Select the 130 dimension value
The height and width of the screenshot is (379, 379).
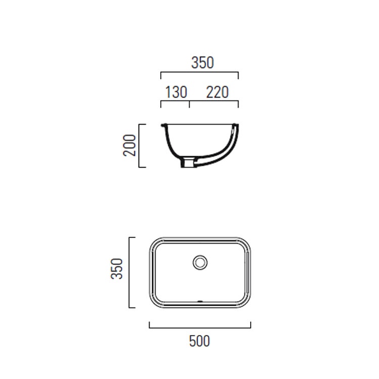pos(176,92)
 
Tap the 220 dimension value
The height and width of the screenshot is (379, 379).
pos(217,92)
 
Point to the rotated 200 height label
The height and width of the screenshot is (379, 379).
pos(130,145)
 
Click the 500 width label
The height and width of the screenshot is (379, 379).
pos(199,341)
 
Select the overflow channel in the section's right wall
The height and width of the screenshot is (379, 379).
pos(230,147)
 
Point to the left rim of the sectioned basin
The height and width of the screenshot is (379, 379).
pos(163,125)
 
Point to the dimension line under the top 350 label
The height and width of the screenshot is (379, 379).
pos(199,73)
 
